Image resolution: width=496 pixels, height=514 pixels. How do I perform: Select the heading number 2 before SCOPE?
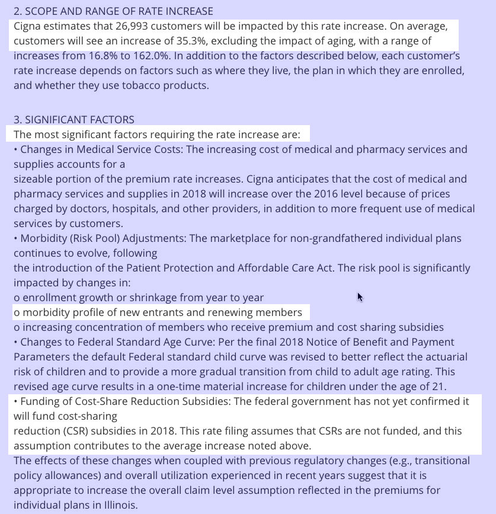tap(18, 12)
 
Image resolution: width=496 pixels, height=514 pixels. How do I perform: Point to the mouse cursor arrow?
tap(360, 296)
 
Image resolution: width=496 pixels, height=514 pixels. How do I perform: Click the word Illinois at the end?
tap(118, 505)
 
